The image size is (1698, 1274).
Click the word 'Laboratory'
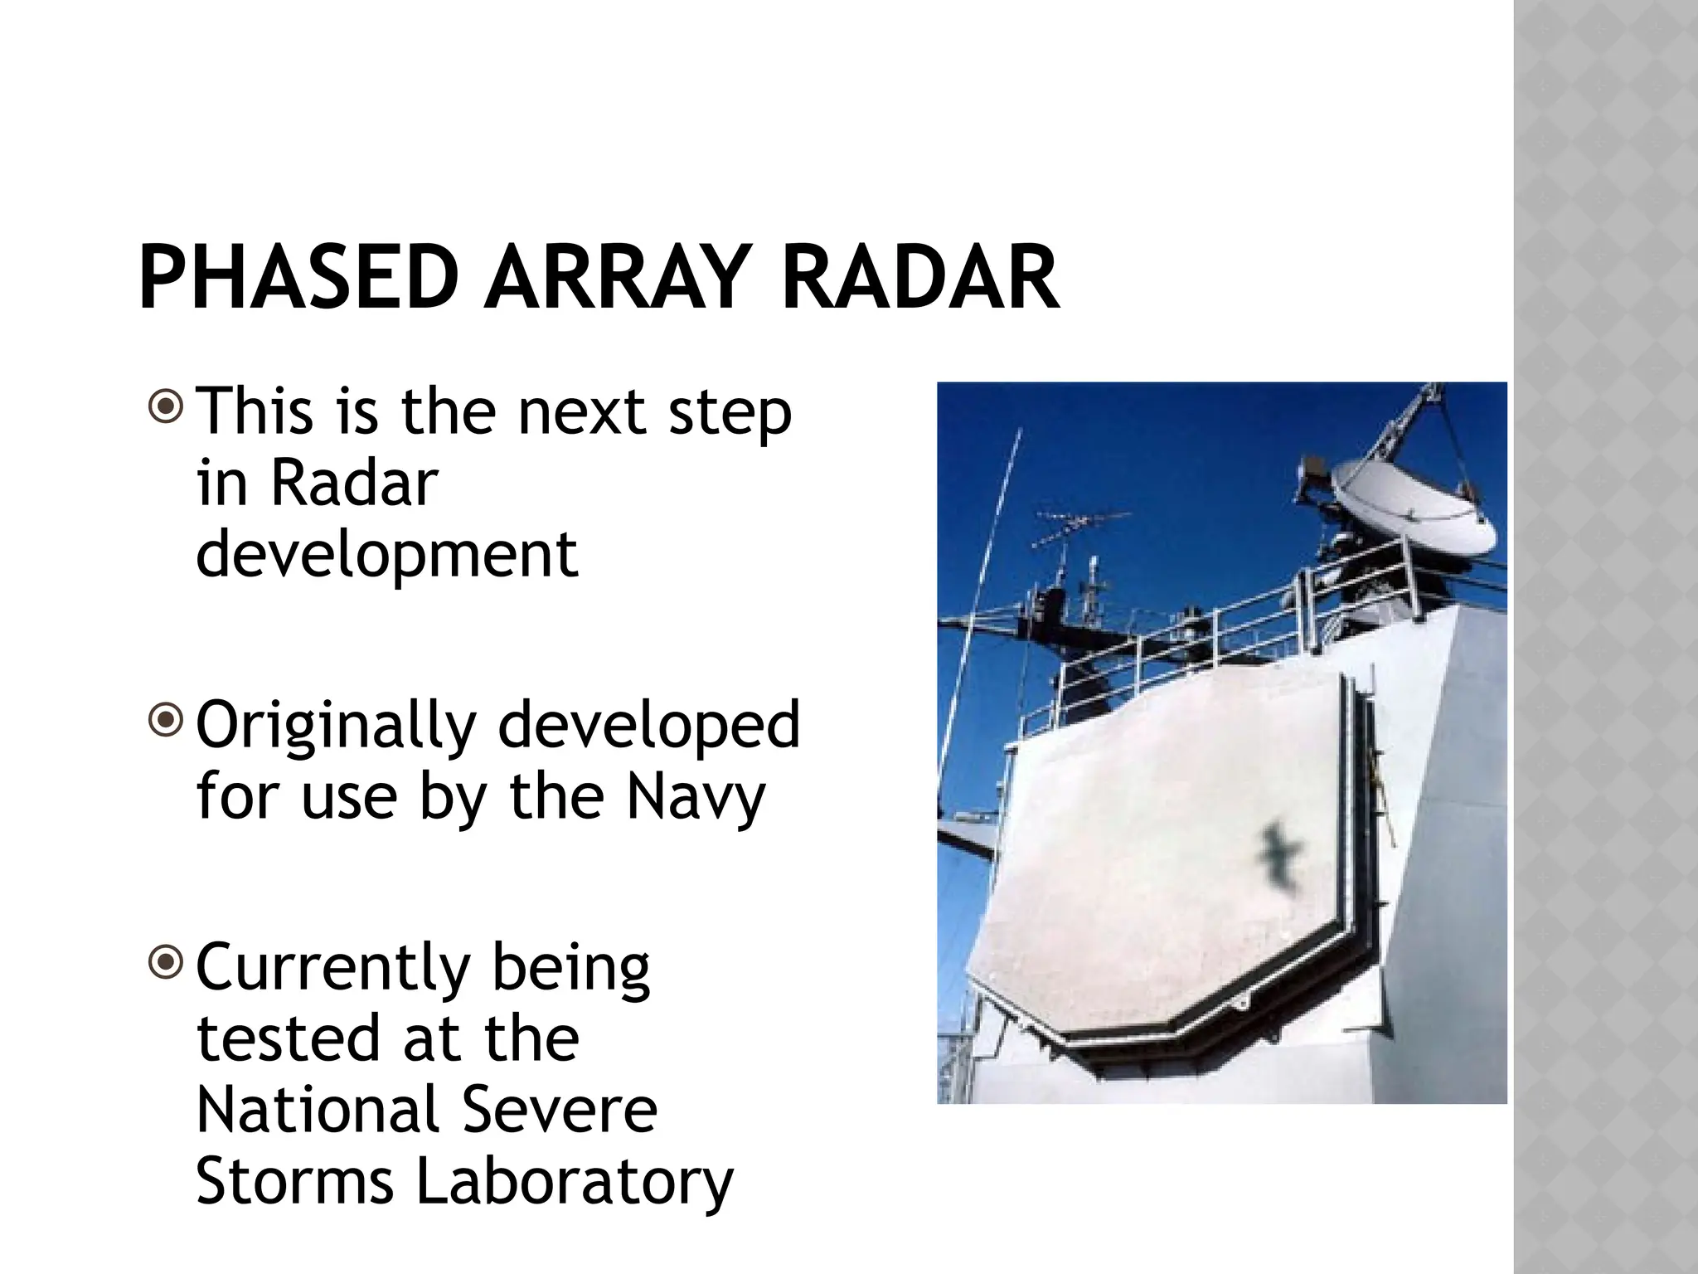click(574, 1183)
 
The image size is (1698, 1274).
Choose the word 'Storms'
click(294, 1181)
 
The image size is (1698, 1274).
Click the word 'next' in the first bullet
click(580, 412)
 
